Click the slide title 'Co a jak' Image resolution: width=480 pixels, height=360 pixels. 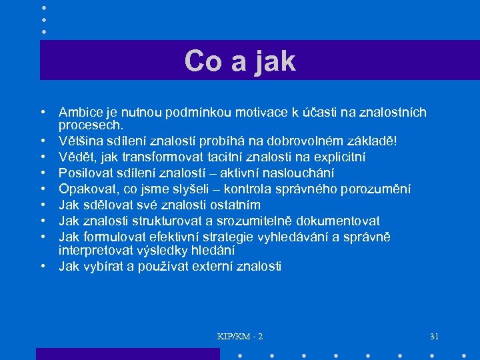tap(240, 61)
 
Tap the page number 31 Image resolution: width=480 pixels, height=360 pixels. tap(435, 336)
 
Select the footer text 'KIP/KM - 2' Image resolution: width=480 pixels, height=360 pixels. tap(240, 336)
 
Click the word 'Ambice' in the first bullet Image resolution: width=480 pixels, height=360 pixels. tap(79, 113)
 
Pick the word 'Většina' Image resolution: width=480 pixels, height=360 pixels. tap(81, 141)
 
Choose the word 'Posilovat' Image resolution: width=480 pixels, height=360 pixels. tap(85, 173)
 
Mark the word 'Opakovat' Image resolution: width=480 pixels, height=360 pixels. tap(85, 189)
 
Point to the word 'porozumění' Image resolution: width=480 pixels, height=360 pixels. tap(379, 189)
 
